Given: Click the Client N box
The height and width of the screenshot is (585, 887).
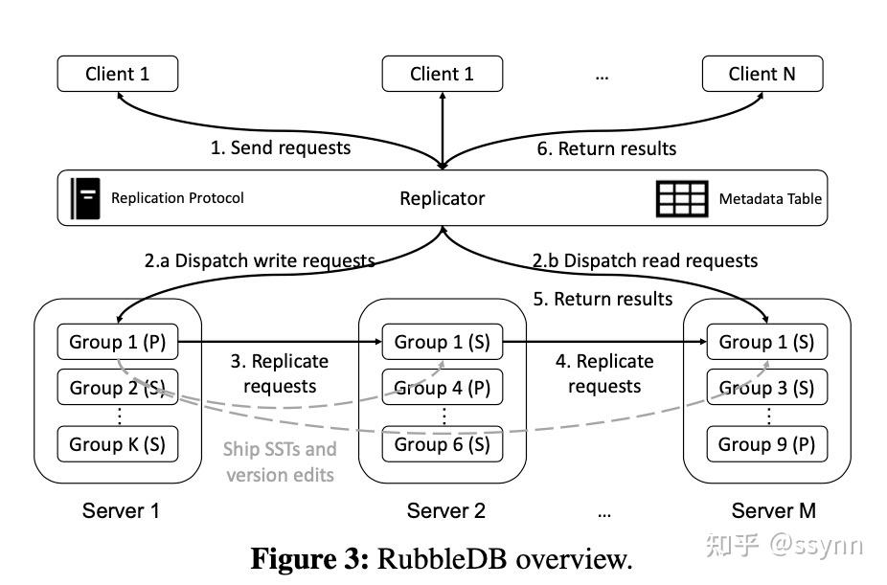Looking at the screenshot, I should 762,74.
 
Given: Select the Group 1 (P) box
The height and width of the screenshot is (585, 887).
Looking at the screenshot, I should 118,341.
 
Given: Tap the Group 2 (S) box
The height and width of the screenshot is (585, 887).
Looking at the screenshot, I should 118,388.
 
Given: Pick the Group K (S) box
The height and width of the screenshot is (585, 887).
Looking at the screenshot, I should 118,444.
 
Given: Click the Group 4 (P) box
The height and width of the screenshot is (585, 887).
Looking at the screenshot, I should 443,388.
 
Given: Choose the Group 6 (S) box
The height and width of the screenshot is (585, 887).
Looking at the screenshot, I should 443,444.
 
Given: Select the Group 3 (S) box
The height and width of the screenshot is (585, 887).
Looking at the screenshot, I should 766,388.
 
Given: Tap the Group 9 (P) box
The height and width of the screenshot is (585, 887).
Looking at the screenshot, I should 766,444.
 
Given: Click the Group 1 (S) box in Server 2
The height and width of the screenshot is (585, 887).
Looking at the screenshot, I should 443,341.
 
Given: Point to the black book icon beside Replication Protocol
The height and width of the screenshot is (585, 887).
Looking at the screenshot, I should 85,198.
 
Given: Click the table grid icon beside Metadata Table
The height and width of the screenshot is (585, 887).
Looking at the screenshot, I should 682,198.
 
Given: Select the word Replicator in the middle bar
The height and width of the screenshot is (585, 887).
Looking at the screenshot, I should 442,198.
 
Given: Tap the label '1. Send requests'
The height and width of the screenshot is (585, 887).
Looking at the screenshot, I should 281,147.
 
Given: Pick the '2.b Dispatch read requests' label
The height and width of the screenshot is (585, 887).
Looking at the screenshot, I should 646,260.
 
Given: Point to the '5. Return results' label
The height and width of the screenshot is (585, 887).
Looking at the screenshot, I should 603,299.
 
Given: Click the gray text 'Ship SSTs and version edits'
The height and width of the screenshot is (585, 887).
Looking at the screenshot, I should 280,461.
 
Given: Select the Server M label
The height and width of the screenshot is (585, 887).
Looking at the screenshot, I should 773,510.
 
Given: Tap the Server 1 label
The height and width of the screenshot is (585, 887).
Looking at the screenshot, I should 121,510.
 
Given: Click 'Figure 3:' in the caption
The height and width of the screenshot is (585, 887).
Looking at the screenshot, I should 309,558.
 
